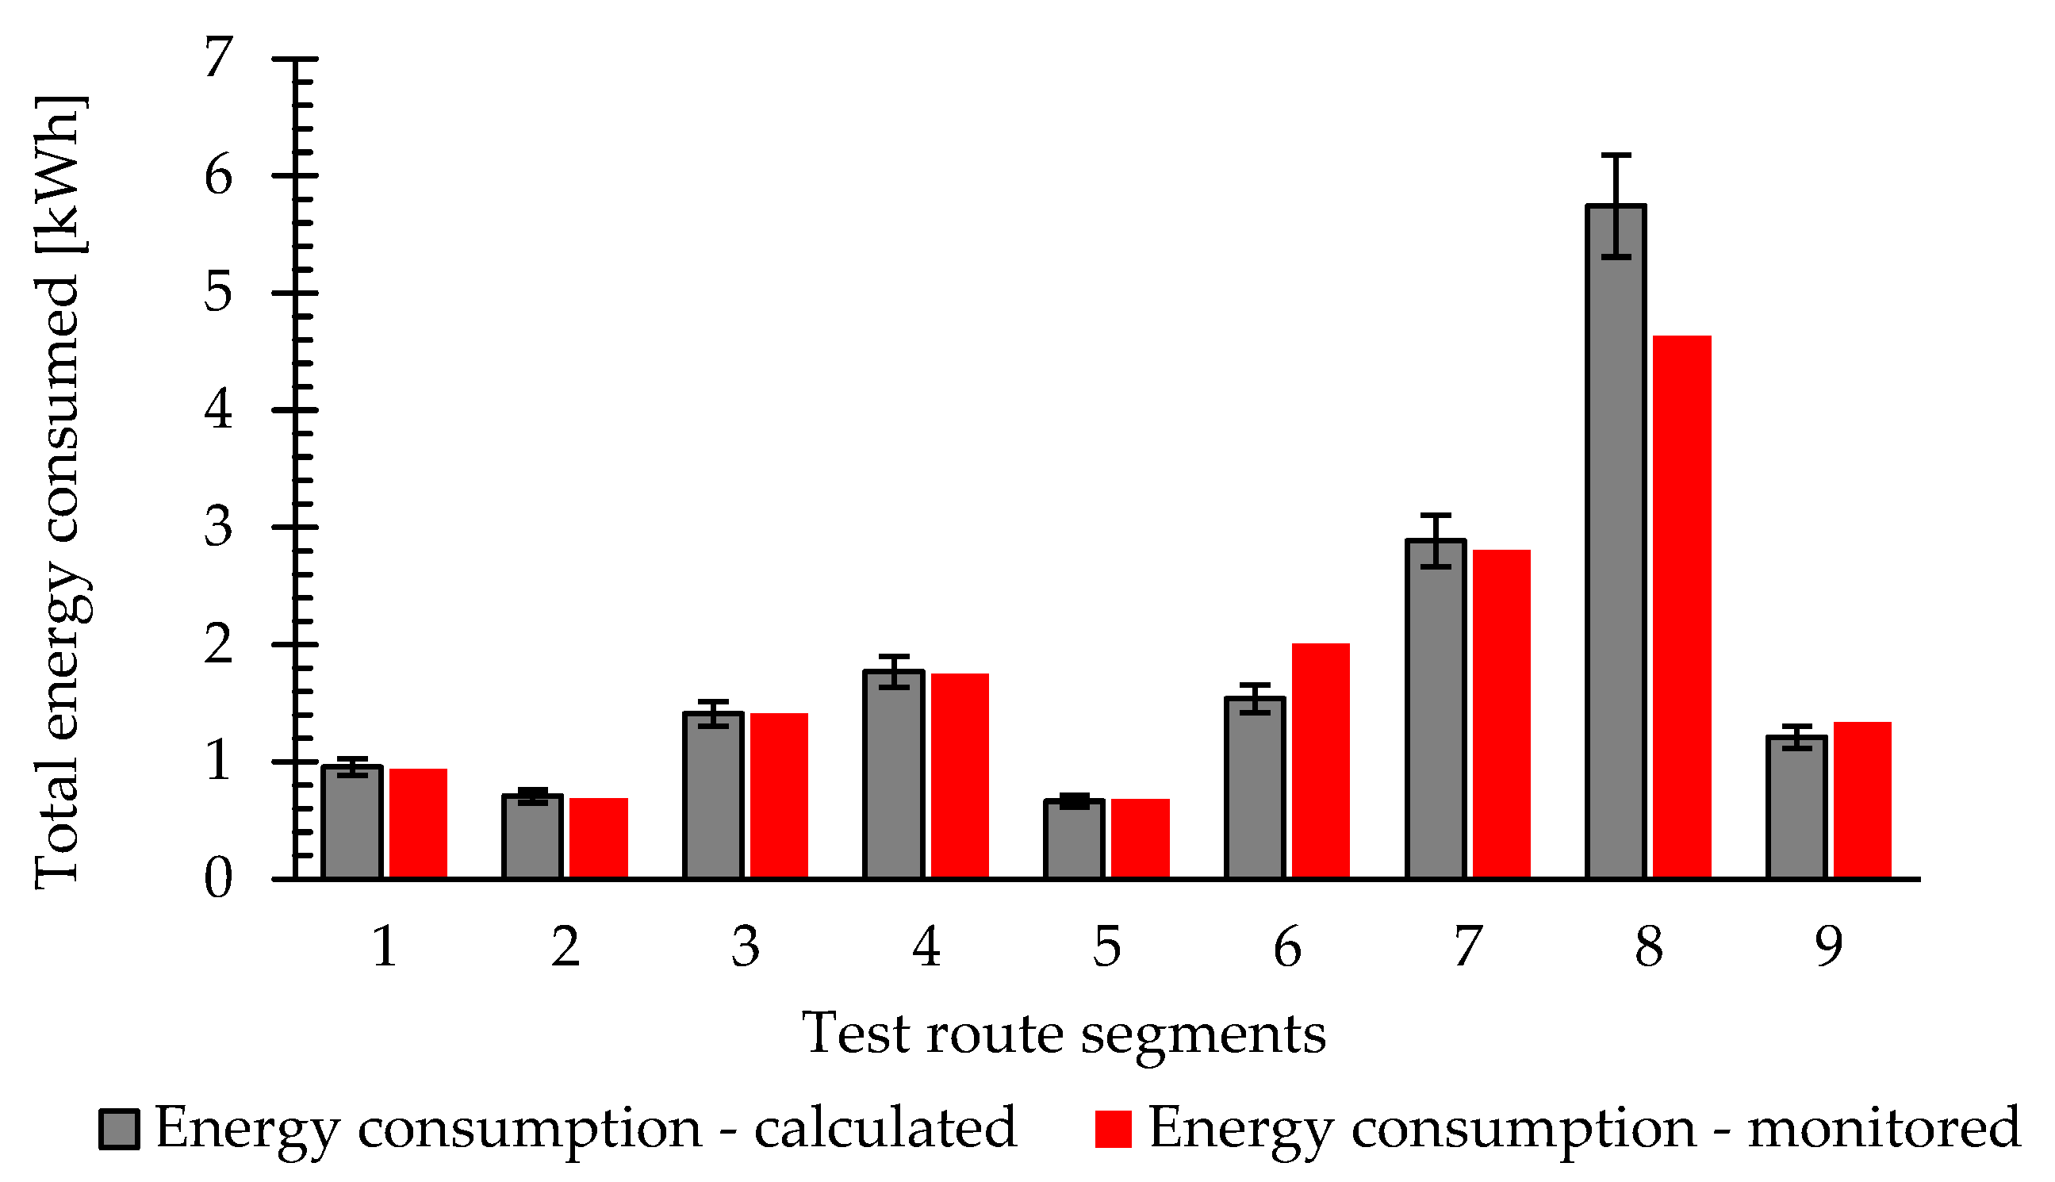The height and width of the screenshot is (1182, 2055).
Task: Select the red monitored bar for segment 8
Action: (x=1682, y=609)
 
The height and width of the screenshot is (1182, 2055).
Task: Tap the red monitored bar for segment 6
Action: (x=1321, y=763)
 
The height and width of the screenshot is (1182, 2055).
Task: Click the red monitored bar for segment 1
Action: (x=418, y=824)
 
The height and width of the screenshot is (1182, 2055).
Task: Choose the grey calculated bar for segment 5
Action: (x=1074, y=840)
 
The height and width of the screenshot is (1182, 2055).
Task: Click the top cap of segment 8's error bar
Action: (x=1616, y=155)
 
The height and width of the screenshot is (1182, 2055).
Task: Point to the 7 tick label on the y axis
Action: (x=217, y=59)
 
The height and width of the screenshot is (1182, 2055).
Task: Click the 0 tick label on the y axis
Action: (x=217, y=879)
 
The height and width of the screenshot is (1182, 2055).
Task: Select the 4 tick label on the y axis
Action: (x=217, y=411)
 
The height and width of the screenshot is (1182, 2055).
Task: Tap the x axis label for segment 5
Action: (x=1106, y=946)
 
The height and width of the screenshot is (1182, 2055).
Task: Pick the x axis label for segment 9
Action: (x=1828, y=946)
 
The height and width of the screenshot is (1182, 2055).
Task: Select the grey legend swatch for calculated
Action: (x=119, y=1129)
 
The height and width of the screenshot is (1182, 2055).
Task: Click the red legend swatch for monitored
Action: (x=1113, y=1129)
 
